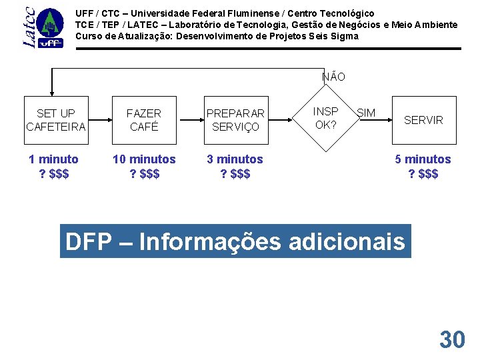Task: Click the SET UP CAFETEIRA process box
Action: [x=56, y=120]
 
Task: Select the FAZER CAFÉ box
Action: [x=144, y=120]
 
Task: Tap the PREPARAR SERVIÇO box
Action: [x=235, y=120]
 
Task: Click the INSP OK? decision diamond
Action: [x=326, y=118]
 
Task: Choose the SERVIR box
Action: [x=423, y=120]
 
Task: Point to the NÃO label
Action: [x=333, y=77]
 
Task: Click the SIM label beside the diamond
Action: [x=366, y=113]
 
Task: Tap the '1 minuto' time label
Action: [x=53, y=159]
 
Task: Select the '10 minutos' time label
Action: [x=144, y=159]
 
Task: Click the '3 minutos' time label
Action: [x=235, y=159]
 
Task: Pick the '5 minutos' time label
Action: [x=423, y=159]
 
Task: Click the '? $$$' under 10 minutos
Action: [x=144, y=174]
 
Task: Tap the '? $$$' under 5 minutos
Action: [x=423, y=174]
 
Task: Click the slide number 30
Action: [x=452, y=340]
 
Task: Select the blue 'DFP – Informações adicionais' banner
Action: [x=235, y=241]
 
